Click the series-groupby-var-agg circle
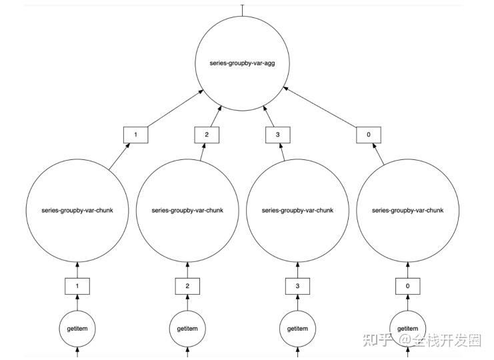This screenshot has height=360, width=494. click(x=243, y=63)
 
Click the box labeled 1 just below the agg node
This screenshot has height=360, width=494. click(x=135, y=135)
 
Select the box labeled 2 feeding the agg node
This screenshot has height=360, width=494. click(x=207, y=135)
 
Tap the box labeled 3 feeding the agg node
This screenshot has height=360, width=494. click(x=277, y=135)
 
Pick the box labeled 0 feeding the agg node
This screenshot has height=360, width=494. click(x=369, y=135)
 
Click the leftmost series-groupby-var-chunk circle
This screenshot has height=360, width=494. click(x=77, y=211)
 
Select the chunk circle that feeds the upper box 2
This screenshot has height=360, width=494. click(x=187, y=211)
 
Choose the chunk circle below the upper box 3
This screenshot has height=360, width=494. click(x=297, y=211)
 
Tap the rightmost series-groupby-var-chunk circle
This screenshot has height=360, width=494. click(x=407, y=211)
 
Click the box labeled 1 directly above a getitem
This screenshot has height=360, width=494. click(x=77, y=287)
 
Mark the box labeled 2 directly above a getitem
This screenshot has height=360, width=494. click(x=187, y=287)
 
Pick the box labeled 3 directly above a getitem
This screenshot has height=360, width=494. click(x=297, y=287)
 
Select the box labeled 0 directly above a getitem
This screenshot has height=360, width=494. click(x=407, y=287)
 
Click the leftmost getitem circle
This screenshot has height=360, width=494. click(x=77, y=329)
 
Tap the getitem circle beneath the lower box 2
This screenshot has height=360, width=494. click(x=187, y=329)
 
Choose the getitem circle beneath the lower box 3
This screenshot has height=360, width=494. click(x=297, y=329)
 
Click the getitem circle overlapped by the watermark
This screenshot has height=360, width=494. click(x=407, y=329)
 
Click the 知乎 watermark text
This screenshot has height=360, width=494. click(x=377, y=340)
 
